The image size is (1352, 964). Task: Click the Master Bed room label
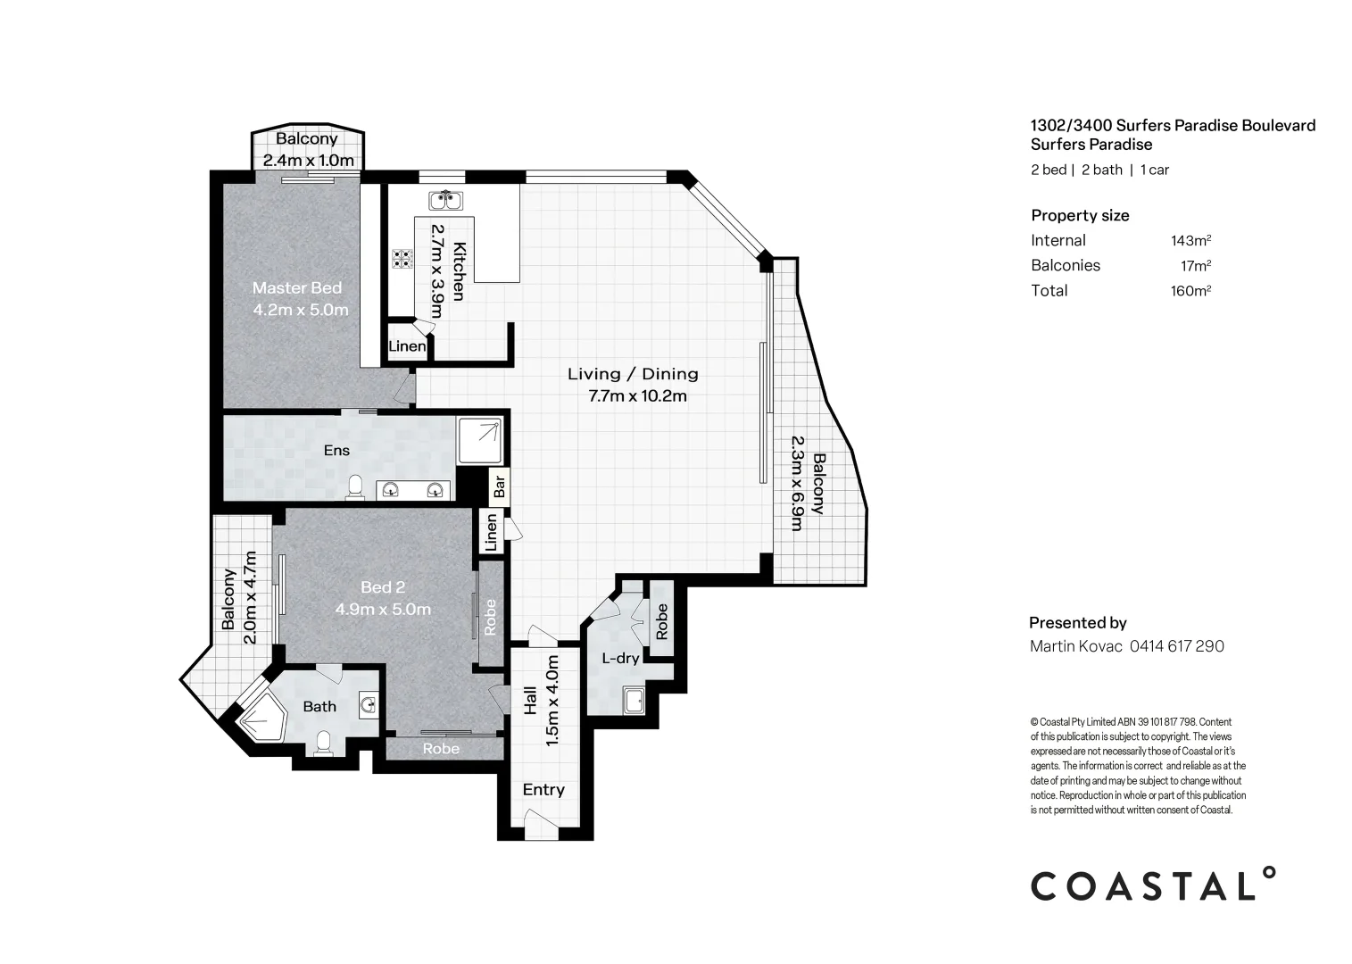click(x=297, y=288)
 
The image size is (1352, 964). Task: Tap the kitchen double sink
click(x=446, y=200)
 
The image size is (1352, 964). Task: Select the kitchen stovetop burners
click(x=402, y=259)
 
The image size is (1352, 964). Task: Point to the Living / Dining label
click(x=633, y=374)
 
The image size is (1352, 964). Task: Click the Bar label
click(x=499, y=486)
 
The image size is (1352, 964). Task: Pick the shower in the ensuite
click(x=480, y=441)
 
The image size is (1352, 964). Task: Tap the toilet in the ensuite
click(x=355, y=488)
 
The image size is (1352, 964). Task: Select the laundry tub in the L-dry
click(x=634, y=701)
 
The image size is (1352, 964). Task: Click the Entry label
click(x=543, y=790)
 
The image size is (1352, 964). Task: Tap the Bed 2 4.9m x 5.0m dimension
click(x=383, y=609)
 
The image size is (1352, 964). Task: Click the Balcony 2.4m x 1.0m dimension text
click(x=309, y=161)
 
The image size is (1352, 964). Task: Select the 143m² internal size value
click(x=1190, y=240)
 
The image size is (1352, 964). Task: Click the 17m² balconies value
click(x=1196, y=266)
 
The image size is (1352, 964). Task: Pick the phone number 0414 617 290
click(x=1177, y=646)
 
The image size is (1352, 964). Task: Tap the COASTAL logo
click(x=1153, y=885)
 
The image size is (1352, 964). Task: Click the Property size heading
click(x=1081, y=215)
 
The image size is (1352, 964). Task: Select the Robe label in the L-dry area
click(x=661, y=622)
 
